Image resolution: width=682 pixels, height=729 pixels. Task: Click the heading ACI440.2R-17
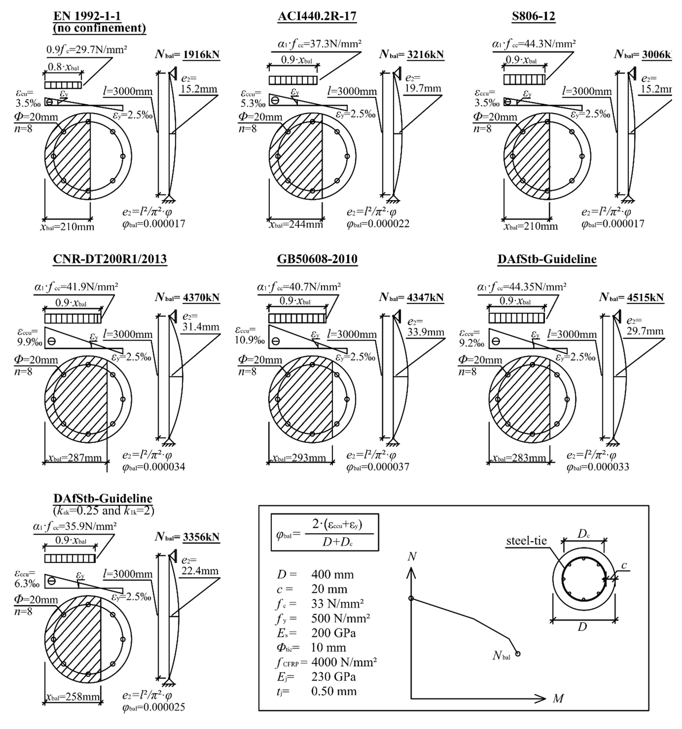click(317, 16)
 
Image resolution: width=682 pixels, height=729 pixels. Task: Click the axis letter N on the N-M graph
click(412, 557)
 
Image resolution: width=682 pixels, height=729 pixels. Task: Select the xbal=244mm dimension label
click(296, 224)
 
